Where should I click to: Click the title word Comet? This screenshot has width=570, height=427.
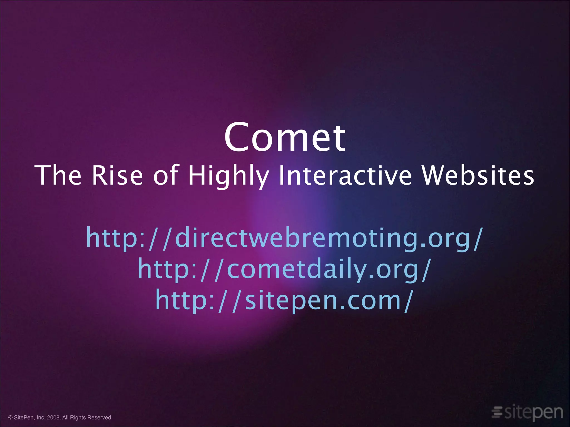285,138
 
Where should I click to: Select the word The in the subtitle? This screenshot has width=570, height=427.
58,175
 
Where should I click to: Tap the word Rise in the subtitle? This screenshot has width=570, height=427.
117,175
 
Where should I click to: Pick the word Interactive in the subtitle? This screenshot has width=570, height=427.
345,175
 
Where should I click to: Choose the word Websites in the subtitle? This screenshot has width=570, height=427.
478,175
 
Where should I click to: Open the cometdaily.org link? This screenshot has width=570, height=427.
284,269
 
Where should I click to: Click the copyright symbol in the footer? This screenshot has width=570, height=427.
11,418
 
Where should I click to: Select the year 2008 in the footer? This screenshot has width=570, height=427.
54,418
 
